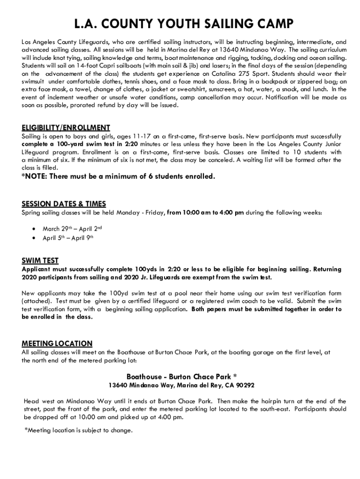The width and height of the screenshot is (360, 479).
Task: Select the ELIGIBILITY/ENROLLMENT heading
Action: [66, 128]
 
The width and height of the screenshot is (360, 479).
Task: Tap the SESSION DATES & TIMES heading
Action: [64, 204]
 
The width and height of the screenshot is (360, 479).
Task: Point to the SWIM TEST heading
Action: [40, 261]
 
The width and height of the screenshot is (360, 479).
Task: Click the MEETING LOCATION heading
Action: [57, 343]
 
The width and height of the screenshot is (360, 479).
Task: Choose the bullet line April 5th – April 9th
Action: [68, 238]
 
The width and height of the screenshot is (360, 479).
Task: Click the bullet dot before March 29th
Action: [33, 229]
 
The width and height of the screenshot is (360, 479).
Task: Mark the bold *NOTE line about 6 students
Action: [119, 176]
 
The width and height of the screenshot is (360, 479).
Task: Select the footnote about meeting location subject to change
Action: [78, 430]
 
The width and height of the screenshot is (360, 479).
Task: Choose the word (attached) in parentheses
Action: [38, 301]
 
